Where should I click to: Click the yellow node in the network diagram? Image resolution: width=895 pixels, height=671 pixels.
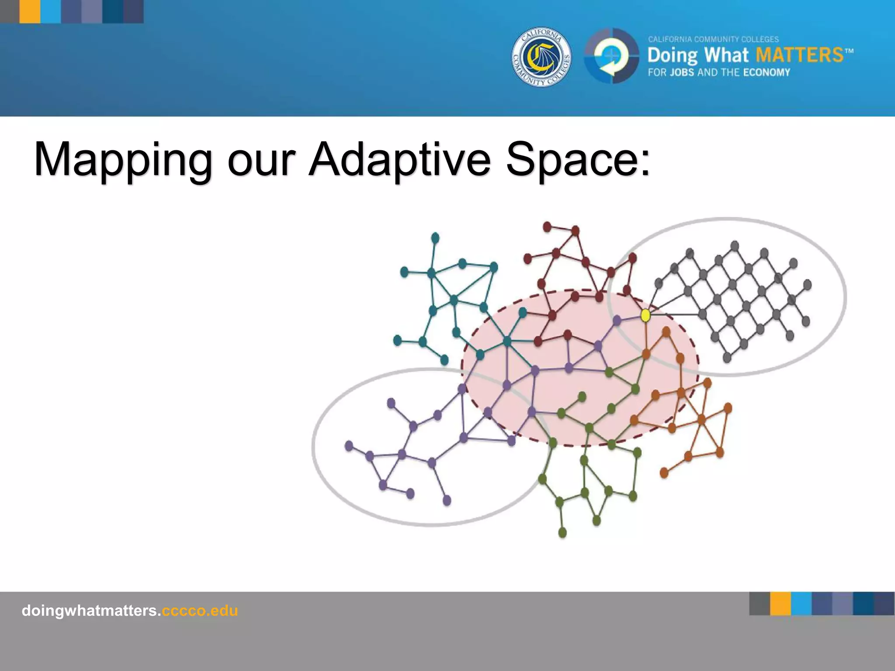pyautogui.click(x=645, y=315)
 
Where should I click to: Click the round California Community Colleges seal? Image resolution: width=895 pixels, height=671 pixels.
pyautogui.click(x=541, y=58)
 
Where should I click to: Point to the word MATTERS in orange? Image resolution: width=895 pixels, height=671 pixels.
pyautogui.click(x=799, y=55)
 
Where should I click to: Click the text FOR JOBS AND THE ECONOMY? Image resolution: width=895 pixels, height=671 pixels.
pyautogui.click(x=719, y=73)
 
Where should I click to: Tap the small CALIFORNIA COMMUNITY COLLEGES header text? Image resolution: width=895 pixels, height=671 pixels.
pyautogui.click(x=713, y=39)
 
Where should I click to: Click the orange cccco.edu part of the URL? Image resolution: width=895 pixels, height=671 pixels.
pyautogui.click(x=200, y=610)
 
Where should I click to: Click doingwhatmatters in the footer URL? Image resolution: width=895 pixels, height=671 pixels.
pyautogui.click(x=90, y=610)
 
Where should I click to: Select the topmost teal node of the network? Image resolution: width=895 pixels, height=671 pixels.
pyautogui.click(x=435, y=238)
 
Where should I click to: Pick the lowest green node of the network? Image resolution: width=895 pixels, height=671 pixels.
pyautogui.click(x=562, y=532)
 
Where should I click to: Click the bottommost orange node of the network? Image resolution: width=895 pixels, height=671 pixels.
pyautogui.click(x=664, y=472)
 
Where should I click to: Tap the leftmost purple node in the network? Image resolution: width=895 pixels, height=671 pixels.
pyautogui.click(x=349, y=446)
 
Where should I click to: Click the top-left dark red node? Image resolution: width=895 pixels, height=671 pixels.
pyautogui.click(x=547, y=227)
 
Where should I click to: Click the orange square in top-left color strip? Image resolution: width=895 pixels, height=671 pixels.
pyautogui.click(x=30, y=11)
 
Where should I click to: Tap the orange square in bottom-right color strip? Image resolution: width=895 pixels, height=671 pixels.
pyautogui.click(x=781, y=603)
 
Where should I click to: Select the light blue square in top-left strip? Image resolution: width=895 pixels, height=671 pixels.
pyautogui.click(x=51, y=11)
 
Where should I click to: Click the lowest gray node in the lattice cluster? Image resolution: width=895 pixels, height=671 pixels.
pyautogui.click(x=727, y=357)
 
